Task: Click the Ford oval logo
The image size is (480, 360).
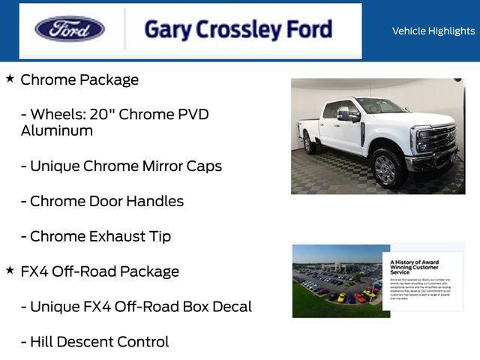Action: [x=70, y=29]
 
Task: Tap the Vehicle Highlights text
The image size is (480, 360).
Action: [x=433, y=31]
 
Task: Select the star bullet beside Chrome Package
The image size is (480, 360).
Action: [x=10, y=79]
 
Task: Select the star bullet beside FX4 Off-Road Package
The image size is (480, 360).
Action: [x=10, y=270]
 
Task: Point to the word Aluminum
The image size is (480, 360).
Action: [x=57, y=130]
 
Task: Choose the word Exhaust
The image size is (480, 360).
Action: [x=118, y=236]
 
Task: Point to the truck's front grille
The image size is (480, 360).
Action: [x=441, y=139]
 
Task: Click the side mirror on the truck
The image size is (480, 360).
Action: [x=344, y=114]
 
